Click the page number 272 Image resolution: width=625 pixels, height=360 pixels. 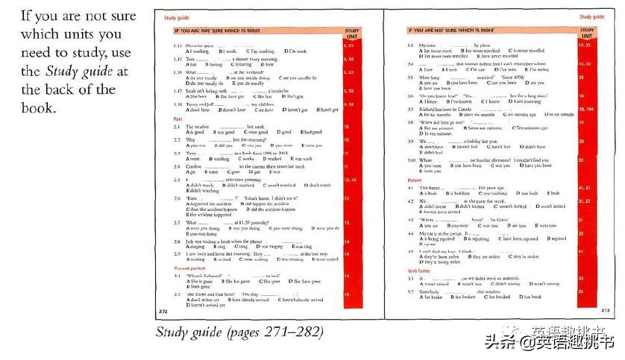point(163,309)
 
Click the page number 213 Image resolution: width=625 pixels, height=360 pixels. point(605,309)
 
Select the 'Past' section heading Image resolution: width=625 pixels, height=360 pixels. point(178,119)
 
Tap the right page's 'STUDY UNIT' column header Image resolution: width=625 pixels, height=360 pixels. point(586,34)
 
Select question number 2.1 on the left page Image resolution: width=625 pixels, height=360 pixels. point(178,127)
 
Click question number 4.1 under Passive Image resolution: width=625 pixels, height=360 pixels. point(411,188)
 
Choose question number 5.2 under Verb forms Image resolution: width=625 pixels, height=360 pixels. point(411,291)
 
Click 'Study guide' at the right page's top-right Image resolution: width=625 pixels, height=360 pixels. point(593,16)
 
